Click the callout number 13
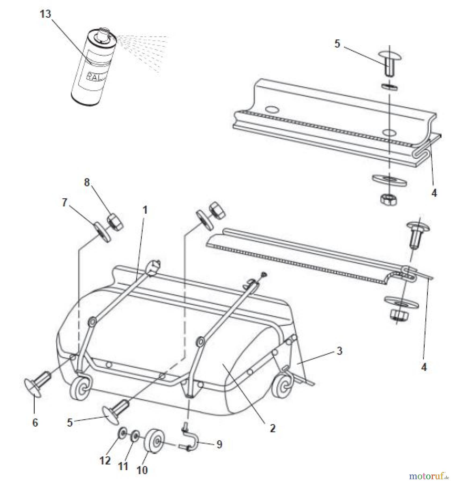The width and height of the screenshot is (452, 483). [45, 14]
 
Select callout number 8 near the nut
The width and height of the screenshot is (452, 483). [87, 182]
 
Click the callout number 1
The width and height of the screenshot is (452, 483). [145, 210]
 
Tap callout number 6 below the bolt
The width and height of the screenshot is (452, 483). [35, 423]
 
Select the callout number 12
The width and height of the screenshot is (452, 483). [105, 461]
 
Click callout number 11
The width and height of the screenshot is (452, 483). [123, 466]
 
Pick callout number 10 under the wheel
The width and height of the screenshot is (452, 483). [142, 470]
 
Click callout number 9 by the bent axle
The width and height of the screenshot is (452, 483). [219, 444]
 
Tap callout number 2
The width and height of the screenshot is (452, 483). [272, 429]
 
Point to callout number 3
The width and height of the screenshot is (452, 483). [339, 351]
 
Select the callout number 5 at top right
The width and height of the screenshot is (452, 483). [337, 43]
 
